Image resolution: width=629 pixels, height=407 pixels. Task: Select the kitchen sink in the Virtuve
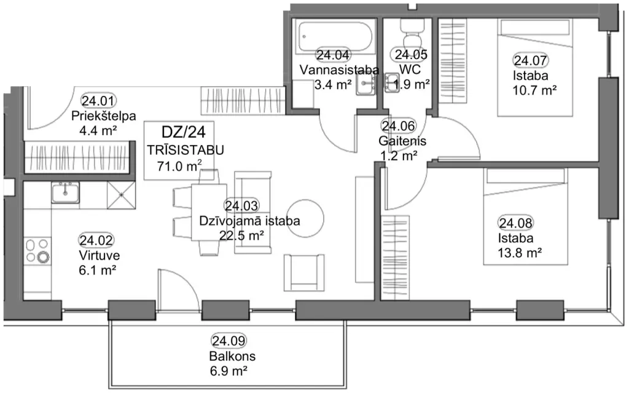point(65,192)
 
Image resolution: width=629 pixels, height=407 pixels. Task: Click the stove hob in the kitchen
point(37,250)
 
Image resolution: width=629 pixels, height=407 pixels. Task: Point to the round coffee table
point(306,219)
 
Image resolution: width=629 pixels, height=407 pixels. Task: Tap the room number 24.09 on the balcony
point(229,341)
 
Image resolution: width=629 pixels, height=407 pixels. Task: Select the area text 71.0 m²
point(179,166)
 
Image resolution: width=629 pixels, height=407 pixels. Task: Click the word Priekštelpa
point(103,116)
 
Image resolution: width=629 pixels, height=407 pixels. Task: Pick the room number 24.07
point(530,61)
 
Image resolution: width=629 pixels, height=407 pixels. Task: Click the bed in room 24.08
point(526,217)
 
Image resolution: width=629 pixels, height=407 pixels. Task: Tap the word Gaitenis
point(402,141)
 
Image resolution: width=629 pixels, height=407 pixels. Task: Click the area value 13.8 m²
point(520,253)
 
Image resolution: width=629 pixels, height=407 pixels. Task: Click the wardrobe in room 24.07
point(453,61)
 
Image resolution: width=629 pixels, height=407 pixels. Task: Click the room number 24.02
point(96,240)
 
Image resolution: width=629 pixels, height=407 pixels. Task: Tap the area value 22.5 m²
point(241,235)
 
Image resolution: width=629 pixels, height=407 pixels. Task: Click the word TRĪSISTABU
point(186,150)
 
